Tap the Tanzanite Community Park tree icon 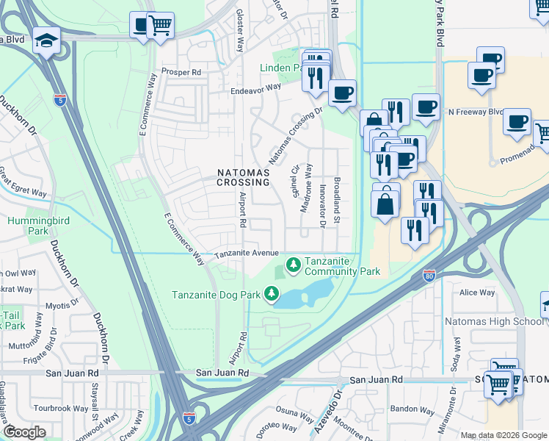pyautogui.click(x=293, y=263)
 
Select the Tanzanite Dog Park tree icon pyautogui.click(x=272, y=295)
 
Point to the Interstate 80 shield pyautogui.click(x=429, y=276)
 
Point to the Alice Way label pyautogui.click(x=477, y=293)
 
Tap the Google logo pyautogui.click(x=24, y=432)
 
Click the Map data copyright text pyautogui.click(x=503, y=435)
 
